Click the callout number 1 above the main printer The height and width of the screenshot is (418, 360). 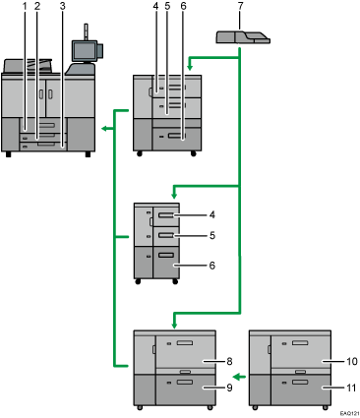[25, 7]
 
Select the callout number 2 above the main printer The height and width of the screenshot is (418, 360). [37, 7]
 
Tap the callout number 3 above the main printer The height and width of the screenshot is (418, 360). [63, 7]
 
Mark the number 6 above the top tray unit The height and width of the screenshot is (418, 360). [183, 8]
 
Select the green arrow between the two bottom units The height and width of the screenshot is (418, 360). [236, 375]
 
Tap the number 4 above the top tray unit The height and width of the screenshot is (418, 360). [155, 8]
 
